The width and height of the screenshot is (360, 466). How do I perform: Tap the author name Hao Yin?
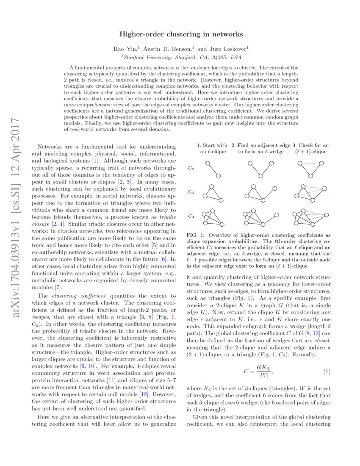125,49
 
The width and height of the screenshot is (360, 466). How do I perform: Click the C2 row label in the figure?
191,168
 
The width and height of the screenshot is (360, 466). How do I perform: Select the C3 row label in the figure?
191,192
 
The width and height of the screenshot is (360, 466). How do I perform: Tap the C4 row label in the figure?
191,216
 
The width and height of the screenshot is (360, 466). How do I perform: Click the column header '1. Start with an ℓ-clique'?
212,148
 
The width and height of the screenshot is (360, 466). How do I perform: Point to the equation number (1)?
326,372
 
